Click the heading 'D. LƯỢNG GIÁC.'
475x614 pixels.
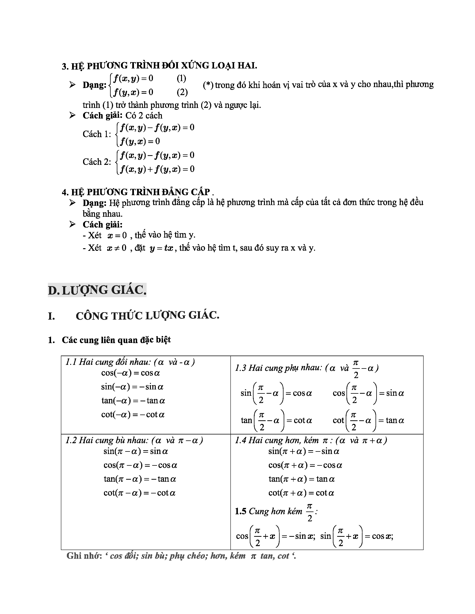pos(97,290)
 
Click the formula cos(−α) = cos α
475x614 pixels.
pos(131,373)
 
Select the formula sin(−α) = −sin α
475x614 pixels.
pos(132,387)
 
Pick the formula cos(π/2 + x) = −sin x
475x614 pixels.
pos(275,536)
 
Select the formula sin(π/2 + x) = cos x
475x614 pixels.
pos(357,536)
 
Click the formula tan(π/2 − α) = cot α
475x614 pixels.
pos(276,420)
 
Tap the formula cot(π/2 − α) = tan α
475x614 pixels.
pos(368,420)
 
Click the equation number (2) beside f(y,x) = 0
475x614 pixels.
pos(182,92)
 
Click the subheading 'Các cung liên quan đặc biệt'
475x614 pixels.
pos(116,340)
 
